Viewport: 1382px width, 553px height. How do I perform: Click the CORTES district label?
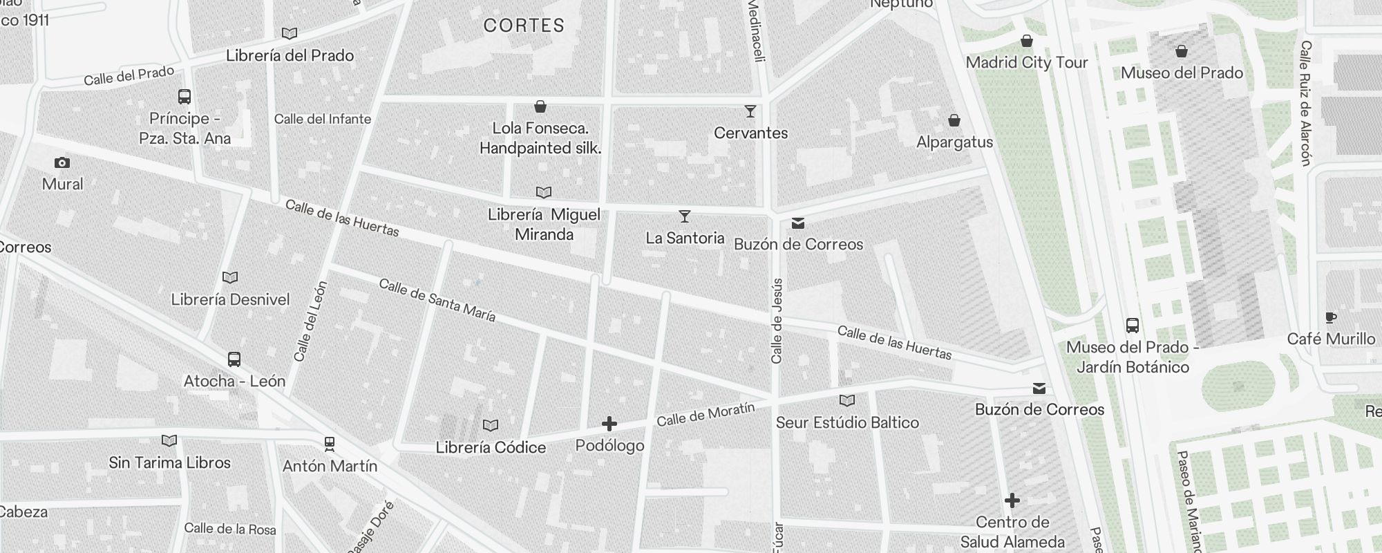coord(524,26)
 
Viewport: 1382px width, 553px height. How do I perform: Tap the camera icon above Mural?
coord(62,163)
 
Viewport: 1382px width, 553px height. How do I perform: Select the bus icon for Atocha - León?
coord(234,359)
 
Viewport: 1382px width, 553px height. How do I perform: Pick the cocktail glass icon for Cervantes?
coord(750,111)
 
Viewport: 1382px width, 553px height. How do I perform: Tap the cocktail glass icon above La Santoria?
coord(684,217)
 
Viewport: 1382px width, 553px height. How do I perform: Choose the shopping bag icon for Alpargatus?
coord(954,121)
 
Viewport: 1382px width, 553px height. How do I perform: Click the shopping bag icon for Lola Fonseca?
coord(540,106)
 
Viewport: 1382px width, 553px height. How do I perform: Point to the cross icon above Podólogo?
coord(609,423)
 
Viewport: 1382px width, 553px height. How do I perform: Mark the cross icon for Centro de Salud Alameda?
coord(1012,500)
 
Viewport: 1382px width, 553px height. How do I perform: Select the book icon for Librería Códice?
coord(491,426)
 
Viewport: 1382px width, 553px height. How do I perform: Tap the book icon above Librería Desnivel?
coord(230,278)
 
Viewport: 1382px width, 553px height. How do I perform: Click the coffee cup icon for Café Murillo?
coord(1330,318)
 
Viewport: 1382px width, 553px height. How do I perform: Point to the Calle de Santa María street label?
coord(437,301)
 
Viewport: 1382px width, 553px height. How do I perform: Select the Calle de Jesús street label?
coord(777,321)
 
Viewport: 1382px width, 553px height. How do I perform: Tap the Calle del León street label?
coord(310,321)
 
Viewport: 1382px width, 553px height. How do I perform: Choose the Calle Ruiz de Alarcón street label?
coord(1305,102)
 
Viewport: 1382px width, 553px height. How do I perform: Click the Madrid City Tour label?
coord(1027,63)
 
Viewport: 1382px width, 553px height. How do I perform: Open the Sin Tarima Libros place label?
coord(169,462)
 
